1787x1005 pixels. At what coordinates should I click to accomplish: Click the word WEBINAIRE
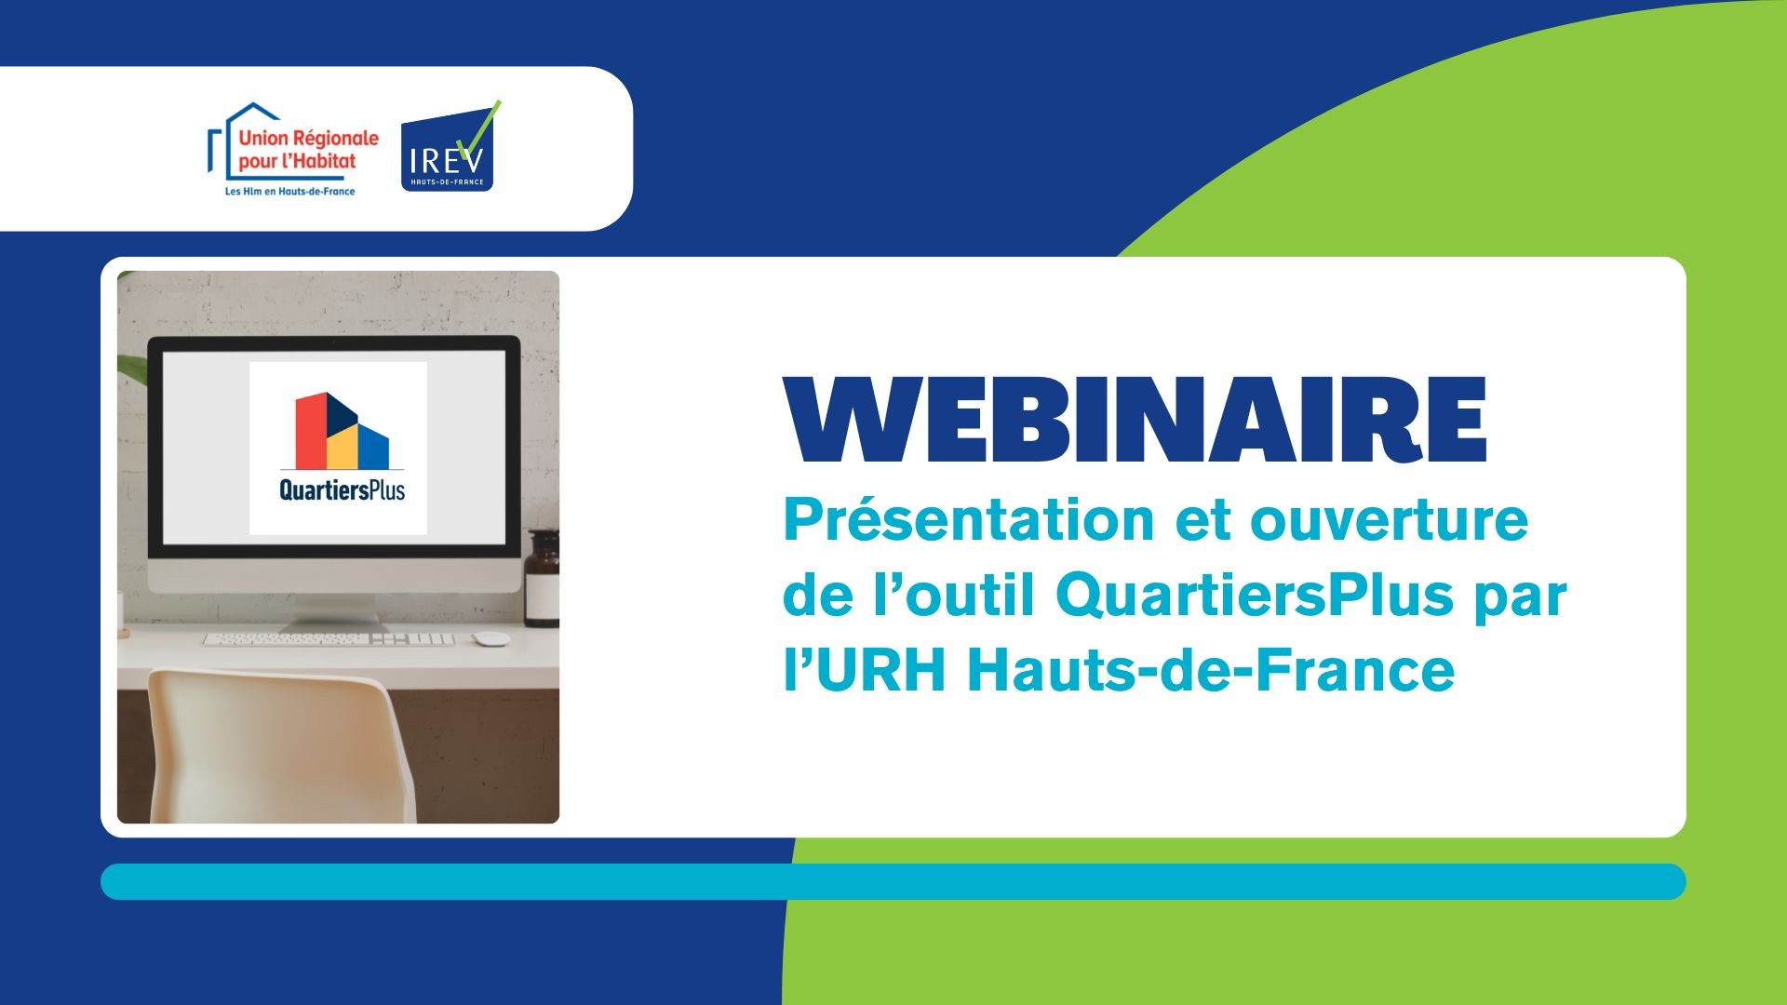tap(1135, 420)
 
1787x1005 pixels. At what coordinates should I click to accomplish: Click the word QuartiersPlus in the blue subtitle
tap(1254, 596)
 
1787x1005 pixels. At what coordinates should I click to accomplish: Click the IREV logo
tap(449, 146)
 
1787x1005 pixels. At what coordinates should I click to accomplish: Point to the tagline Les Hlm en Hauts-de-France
tap(289, 191)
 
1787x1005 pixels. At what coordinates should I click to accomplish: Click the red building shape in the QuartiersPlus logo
tap(311, 430)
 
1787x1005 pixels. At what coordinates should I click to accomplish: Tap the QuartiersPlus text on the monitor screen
tap(343, 490)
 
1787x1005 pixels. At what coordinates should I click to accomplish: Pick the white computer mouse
tap(490, 638)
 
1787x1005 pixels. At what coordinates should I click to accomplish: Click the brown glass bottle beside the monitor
tap(542, 577)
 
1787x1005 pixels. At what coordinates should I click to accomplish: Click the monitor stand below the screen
tap(333, 610)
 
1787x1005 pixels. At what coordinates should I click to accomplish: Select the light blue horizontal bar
tap(893, 881)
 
